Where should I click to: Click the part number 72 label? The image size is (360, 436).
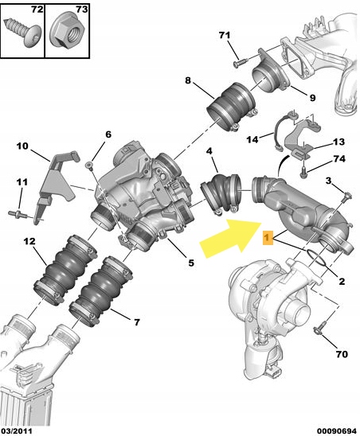[37, 10]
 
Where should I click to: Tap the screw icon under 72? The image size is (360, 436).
[21, 35]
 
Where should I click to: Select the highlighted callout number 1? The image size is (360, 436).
[268, 238]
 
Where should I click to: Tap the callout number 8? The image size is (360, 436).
[188, 80]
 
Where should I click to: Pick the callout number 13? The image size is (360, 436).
[339, 142]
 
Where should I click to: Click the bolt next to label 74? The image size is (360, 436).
[304, 169]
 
